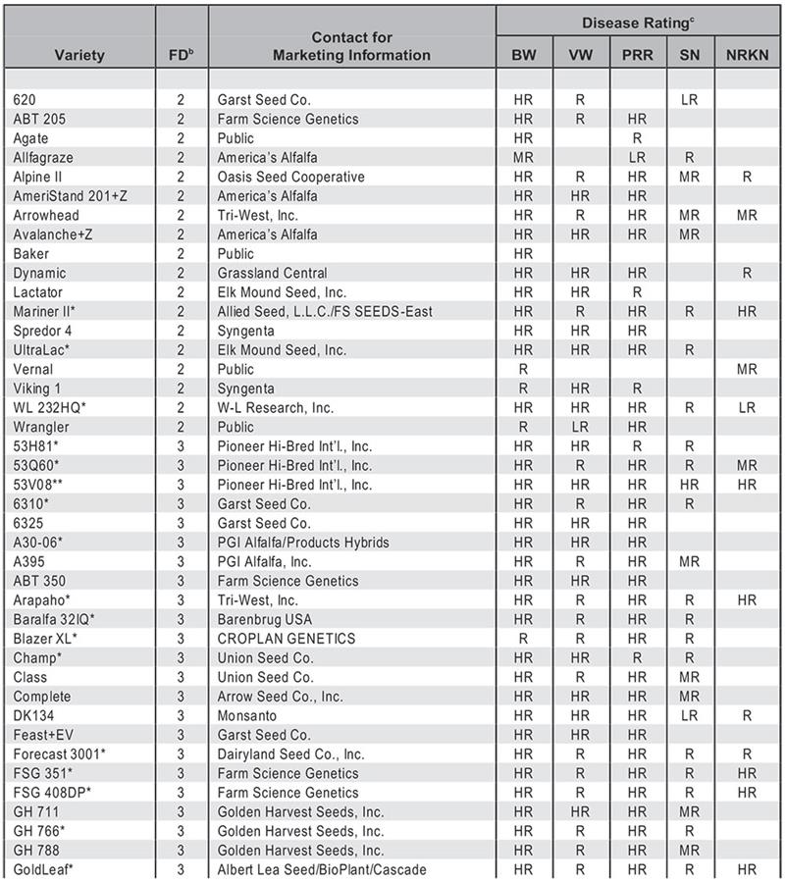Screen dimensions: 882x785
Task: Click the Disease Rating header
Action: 639,21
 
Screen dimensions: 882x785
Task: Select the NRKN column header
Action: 747,55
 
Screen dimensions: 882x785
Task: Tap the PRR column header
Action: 637,55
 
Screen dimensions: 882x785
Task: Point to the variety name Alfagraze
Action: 43,157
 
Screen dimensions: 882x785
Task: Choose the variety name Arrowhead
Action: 46,215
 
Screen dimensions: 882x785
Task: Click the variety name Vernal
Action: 33,369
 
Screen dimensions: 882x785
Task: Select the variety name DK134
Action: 33,715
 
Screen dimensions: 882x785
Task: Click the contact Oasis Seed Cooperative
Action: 290,177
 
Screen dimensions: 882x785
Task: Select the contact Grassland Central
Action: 273,273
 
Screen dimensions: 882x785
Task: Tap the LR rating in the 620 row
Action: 689,99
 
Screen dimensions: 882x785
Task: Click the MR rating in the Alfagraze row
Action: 523,157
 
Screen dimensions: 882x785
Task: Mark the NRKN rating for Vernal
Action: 747,369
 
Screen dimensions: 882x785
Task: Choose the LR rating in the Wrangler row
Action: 580,427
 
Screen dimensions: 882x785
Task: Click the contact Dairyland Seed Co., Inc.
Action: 290,753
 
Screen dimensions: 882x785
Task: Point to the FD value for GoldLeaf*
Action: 181,869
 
